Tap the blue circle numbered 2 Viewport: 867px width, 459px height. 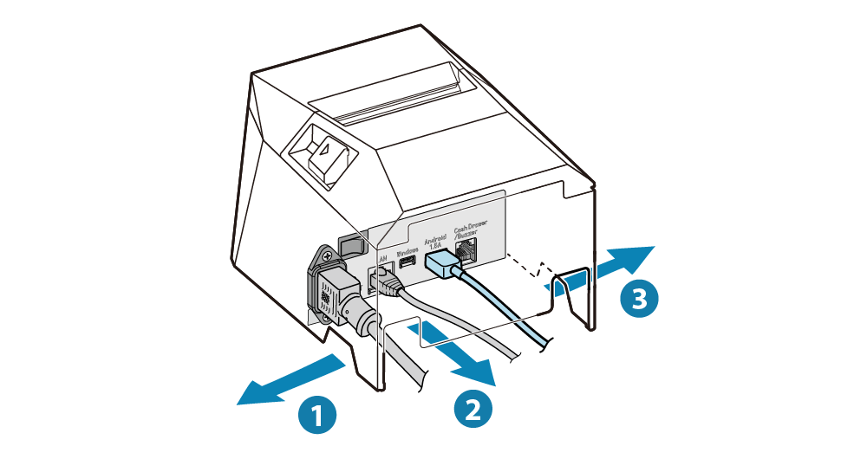click(473, 407)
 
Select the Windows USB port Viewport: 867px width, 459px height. click(407, 262)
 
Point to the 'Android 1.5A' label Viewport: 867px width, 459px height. click(434, 240)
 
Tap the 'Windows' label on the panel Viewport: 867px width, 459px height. click(407, 248)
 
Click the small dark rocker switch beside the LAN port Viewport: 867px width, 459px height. click(350, 245)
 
